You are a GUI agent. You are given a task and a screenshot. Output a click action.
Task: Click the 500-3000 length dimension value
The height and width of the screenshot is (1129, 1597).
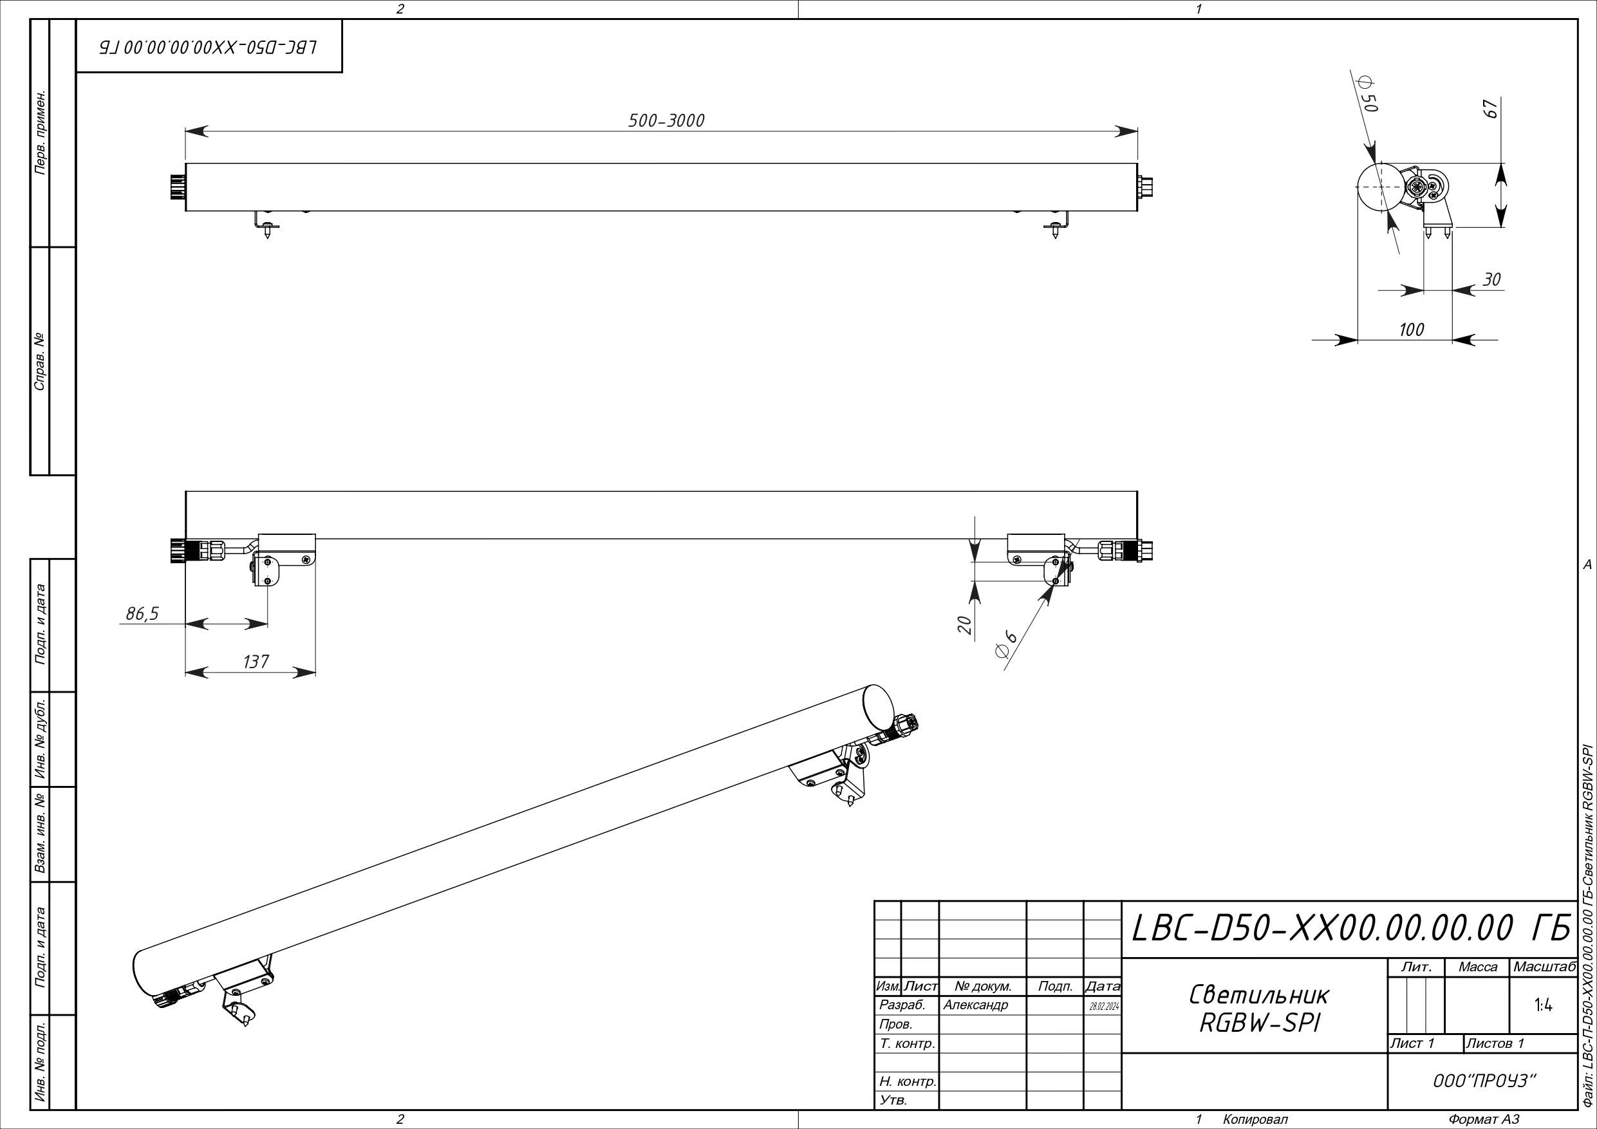(x=666, y=120)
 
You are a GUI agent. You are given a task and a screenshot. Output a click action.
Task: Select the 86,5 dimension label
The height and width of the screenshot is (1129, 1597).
(x=142, y=613)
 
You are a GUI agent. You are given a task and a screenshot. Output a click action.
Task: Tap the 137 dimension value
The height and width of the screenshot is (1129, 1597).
(x=256, y=662)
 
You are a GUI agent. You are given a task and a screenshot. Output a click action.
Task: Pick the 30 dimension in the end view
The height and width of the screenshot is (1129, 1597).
(x=1491, y=279)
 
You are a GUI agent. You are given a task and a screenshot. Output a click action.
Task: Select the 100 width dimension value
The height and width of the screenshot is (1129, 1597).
(x=1411, y=330)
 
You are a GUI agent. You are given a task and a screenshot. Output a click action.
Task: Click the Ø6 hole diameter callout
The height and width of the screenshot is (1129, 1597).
(x=1006, y=644)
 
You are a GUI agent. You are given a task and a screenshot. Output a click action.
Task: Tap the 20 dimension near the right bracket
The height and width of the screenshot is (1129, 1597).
(x=965, y=624)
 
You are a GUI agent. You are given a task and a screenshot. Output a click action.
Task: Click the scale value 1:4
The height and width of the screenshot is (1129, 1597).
(x=1543, y=1005)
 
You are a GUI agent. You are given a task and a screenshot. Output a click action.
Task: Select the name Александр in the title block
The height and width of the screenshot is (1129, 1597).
(x=975, y=1005)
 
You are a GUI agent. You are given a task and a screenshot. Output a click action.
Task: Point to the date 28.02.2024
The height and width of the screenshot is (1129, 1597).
(x=1103, y=1006)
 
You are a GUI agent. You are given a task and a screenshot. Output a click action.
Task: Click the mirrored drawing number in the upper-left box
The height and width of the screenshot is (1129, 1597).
(x=209, y=46)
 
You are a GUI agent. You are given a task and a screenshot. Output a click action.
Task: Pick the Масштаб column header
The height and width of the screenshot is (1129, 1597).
(x=1544, y=967)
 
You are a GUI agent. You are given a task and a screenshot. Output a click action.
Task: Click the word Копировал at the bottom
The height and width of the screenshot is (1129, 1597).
(x=1255, y=1119)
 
